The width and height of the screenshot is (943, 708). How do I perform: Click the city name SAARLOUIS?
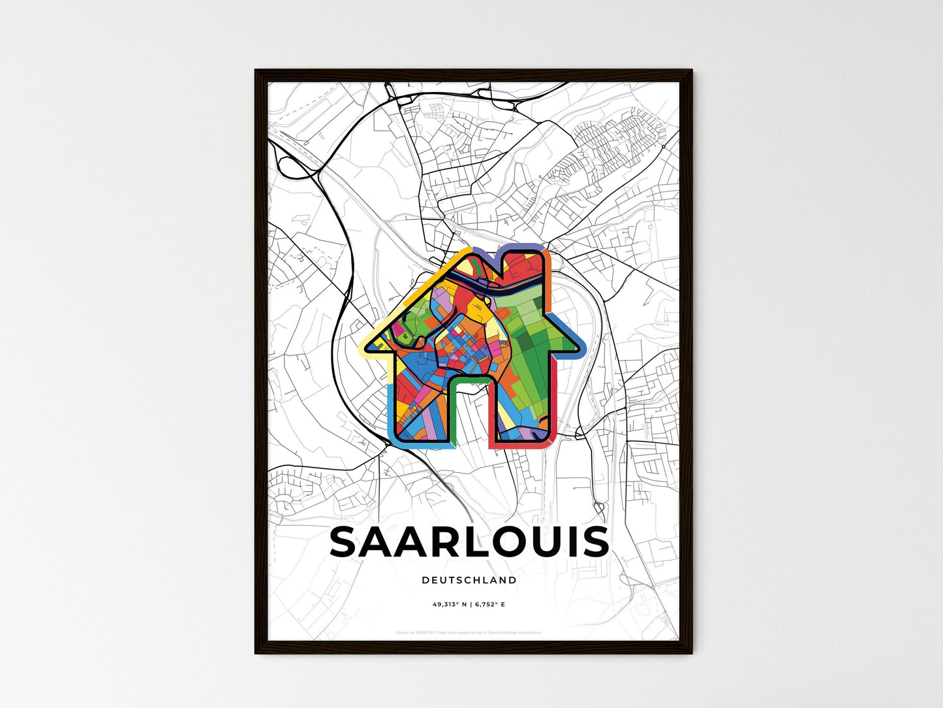pos(469,542)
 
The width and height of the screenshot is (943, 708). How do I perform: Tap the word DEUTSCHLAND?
pos(469,580)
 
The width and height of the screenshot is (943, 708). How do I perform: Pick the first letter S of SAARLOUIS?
pos(346,542)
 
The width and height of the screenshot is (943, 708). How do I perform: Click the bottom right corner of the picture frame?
pos(690,652)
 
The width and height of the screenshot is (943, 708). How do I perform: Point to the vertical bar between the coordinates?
pos(470,604)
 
